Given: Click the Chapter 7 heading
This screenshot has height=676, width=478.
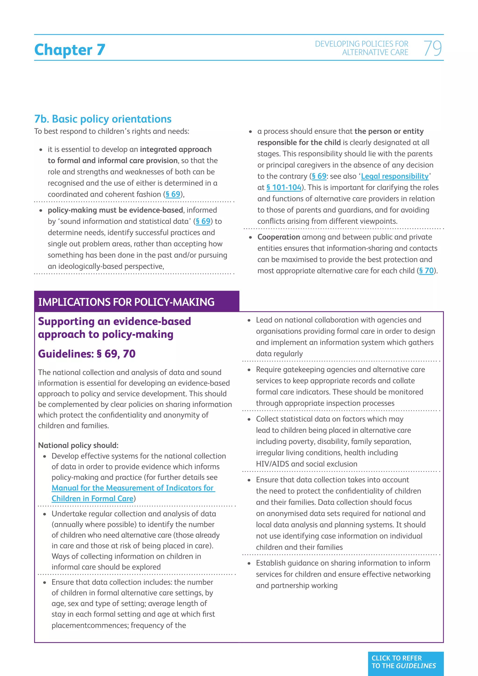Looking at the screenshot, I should (70, 49).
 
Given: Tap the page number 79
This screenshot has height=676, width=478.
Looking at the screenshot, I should (432, 48).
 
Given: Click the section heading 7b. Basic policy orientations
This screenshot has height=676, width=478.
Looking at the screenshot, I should (103, 119).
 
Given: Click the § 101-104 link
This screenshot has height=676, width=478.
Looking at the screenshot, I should (284, 187).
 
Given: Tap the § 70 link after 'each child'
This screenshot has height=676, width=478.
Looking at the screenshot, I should (426, 271).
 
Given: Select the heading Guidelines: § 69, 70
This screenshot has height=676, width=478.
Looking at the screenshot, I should (87, 354).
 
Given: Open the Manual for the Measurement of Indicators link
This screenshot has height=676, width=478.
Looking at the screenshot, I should (133, 488).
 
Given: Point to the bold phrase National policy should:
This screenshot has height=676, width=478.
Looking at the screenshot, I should (78, 445).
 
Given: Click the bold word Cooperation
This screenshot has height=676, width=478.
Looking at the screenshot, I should (278, 237).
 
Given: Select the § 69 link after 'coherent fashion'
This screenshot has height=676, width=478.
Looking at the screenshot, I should (173, 194).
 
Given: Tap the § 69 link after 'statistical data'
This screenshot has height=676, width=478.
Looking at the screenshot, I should (203, 222).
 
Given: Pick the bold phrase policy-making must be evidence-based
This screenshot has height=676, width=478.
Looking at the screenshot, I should (115, 210).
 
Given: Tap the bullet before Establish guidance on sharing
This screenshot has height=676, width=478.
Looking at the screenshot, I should (249, 563).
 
